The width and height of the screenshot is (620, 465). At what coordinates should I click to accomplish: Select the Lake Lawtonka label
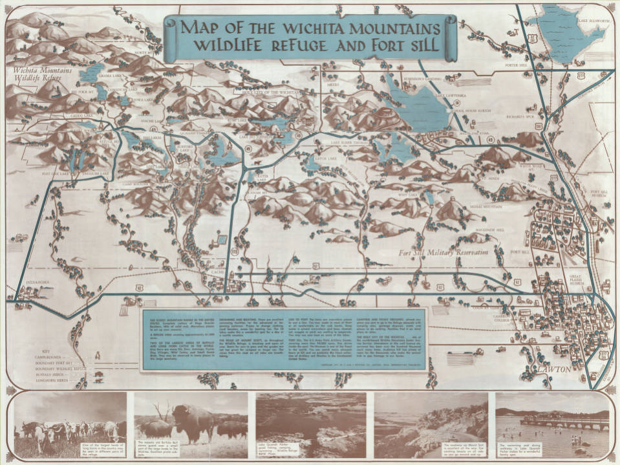450,94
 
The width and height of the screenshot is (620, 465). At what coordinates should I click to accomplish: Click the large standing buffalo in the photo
192,420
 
